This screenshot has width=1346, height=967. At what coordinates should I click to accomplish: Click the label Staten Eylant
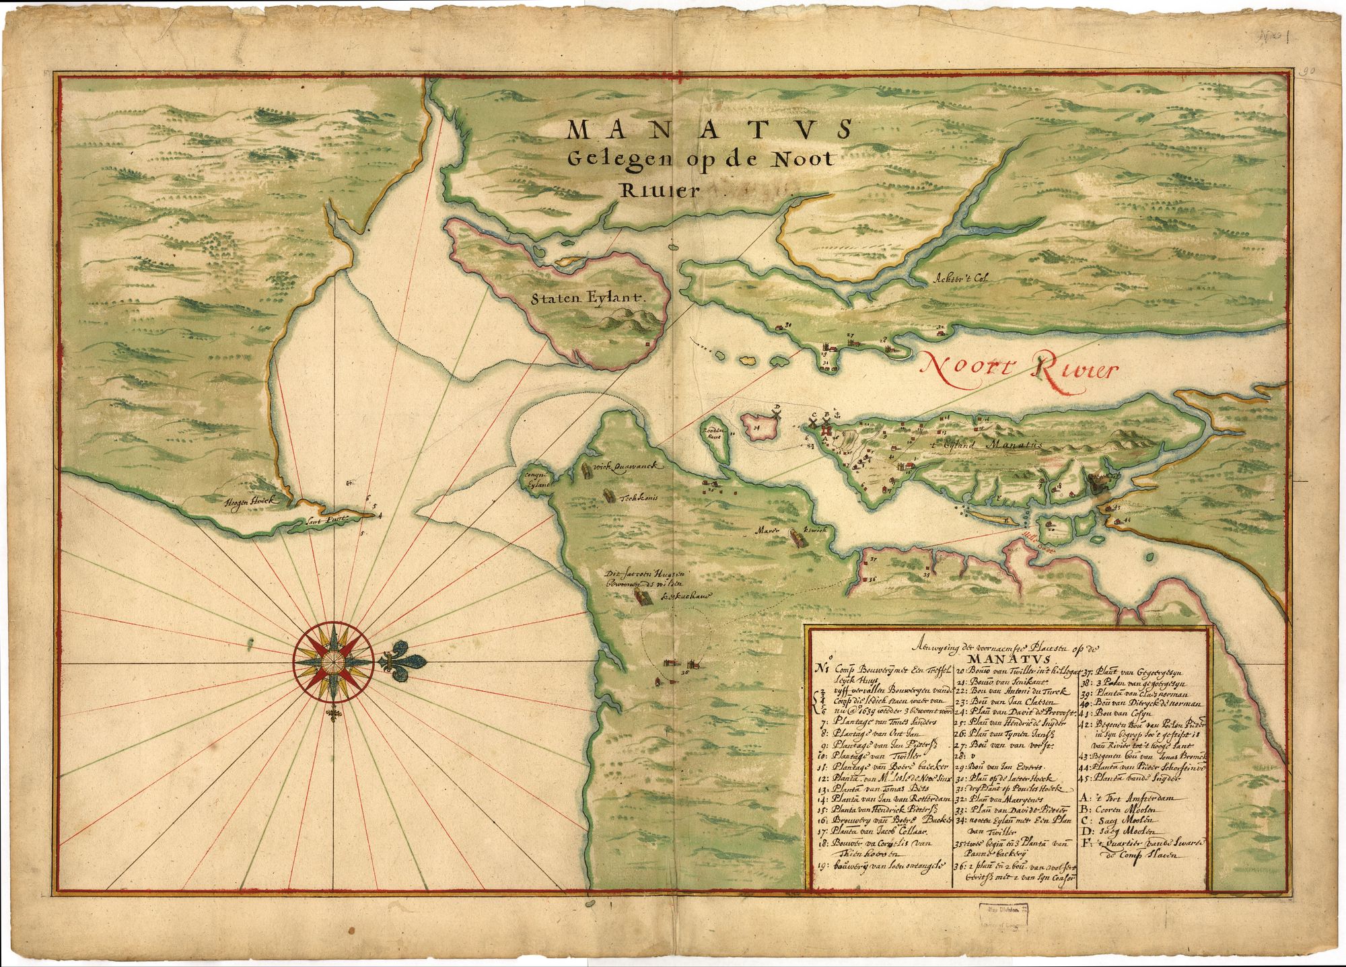(587, 295)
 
